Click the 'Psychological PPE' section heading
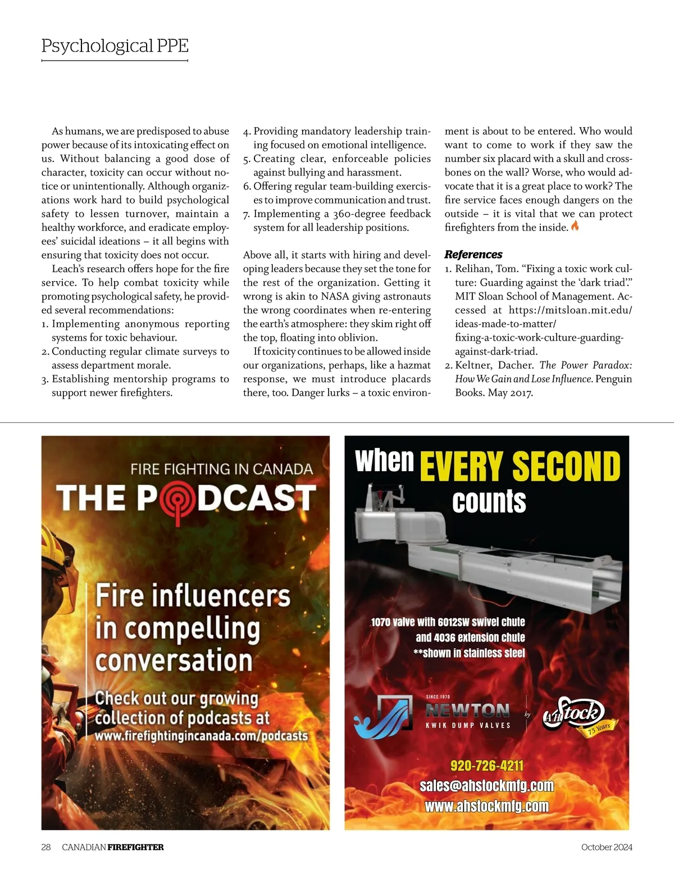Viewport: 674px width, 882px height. (x=115, y=46)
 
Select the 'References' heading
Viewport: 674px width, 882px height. (x=473, y=255)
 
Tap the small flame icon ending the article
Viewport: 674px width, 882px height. (x=575, y=227)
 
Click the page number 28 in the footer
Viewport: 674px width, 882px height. (x=46, y=847)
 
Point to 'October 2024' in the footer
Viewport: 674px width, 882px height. (x=607, y=847)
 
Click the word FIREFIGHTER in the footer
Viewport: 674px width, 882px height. (x=135, y=847)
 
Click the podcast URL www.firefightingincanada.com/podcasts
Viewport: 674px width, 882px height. (x=201, y=736)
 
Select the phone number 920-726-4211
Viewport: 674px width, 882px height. (x=486, y=766)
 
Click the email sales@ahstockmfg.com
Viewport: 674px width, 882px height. (x=486, y=786)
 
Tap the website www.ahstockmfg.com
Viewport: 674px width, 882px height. (x=486, y=806)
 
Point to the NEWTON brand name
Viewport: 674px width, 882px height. (x=467, y=711)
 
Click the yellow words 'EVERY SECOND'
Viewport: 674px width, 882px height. (x=520, y=467)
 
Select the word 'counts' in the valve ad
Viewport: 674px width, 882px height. (x=489, y=501)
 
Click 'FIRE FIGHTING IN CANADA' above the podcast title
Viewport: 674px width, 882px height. (x=221, y=469)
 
